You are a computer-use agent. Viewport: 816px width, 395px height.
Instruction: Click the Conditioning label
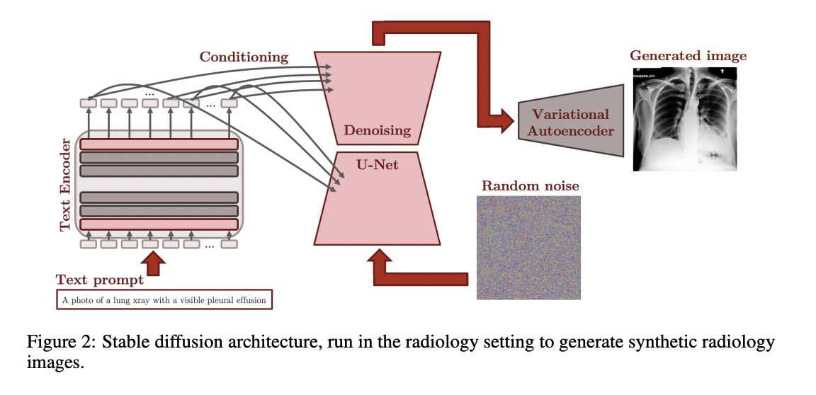coord(244,57)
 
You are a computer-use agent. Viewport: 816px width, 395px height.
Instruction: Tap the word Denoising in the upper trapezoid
coord(377,130)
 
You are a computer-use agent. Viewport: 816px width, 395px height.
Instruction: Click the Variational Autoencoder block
coord(569,122)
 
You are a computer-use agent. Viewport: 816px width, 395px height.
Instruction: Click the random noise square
coord(528,247)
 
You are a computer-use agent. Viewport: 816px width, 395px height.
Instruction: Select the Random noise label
coord(530,186)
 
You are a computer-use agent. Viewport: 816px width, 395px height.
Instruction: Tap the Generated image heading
coord(688,55)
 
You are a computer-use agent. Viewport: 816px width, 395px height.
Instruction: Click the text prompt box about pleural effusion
coord(164,300)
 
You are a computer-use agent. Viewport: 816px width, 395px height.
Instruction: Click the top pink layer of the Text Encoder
coord(159,144)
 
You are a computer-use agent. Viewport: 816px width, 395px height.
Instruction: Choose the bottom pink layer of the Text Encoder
coord(159,224)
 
